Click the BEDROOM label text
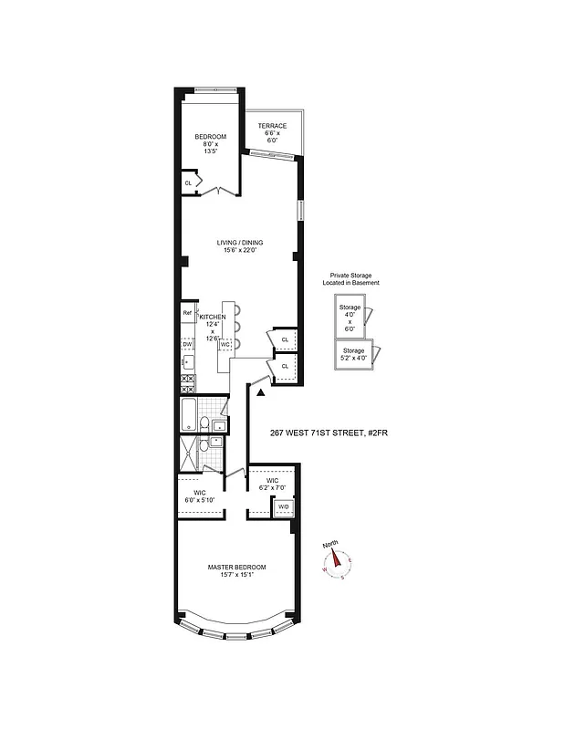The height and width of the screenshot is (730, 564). click(209, 136)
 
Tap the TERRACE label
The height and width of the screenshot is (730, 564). click(272, 126)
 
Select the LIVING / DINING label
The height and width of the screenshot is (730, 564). click(240, 242)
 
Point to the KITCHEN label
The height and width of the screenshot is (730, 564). click(213, 317)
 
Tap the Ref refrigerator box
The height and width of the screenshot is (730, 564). click(187, 314)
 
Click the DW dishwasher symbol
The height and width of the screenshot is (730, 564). click(187, 344)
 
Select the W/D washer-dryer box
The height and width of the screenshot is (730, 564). click(283, 507)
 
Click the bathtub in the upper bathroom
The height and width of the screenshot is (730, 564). click(190, 415)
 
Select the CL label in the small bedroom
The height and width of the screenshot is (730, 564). click(188, 182)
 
